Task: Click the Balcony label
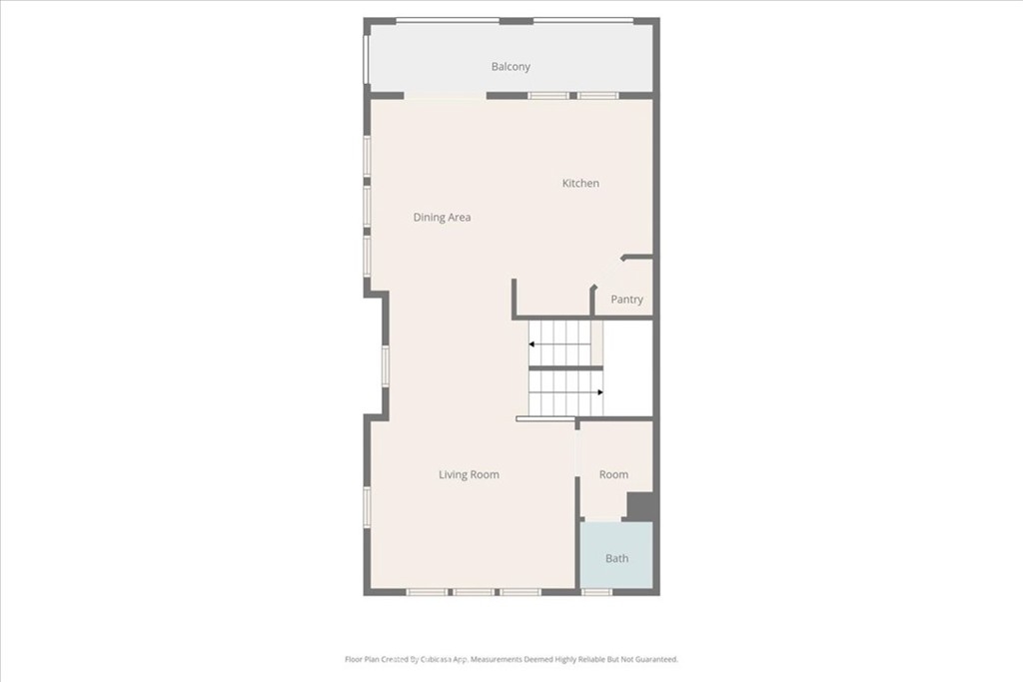coord(511,67)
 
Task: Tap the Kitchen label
coord(580,183)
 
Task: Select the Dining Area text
coord(442,217)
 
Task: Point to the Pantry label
coord(626,300)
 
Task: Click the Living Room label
coord(469,474)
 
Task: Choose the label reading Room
coord(614,474)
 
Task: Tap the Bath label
coord(616,558)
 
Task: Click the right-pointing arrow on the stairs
coord(566,392)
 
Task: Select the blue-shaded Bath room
coord(616,555)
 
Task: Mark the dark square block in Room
coord(640,505)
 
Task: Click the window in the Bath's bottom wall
coord(596,592)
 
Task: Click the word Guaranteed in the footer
coord(656,659)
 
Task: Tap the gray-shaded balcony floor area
coord(511,59)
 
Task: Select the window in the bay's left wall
coord(386,365)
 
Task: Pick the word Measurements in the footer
coord(497,659)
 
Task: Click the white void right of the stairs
coord(628,368)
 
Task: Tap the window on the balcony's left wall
coord(366,59)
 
